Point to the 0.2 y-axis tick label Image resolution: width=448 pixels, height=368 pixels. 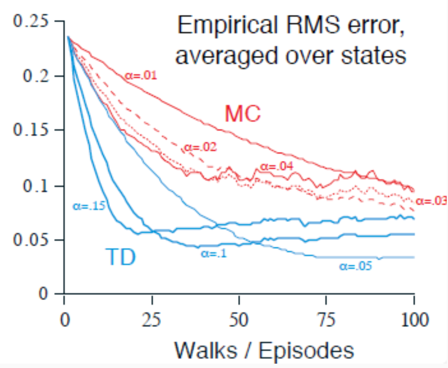tap(36, 76)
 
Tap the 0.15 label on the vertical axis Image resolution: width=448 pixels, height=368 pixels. tap(31, 130)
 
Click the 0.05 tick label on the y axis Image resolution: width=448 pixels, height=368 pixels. tap(31, 240)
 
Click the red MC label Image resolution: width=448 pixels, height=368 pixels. tap(242, 114)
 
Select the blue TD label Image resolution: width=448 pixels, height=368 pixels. tap(120, 257)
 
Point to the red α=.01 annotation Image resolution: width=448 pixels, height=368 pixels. tap(141, 75)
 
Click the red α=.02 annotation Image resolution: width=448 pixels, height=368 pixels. tap(200, 147)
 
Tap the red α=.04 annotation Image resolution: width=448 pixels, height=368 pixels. tap(276, 166)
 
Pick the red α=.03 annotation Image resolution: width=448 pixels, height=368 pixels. tap(431, 201)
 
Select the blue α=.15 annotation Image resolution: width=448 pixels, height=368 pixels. tap(89, 206)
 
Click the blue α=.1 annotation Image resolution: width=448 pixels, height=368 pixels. tap(214, 253)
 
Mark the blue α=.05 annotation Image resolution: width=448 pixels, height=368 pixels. tap(356, 266)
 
